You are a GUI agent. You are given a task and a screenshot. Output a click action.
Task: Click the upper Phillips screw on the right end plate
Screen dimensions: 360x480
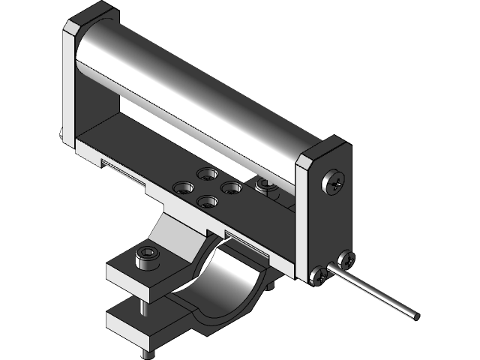[x=334, y=183]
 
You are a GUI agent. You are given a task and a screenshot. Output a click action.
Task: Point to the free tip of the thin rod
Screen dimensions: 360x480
[x=413, y=314]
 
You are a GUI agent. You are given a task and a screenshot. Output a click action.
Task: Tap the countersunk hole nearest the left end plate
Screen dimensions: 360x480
[x=183, y=187]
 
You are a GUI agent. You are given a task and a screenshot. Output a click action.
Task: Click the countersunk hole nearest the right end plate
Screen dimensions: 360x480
[x=231, y=187]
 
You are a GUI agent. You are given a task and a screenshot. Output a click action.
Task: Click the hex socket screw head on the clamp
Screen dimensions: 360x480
[x=145, y=257]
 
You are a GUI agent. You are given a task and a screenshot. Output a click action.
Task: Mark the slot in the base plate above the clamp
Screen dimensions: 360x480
[x=244, y=244]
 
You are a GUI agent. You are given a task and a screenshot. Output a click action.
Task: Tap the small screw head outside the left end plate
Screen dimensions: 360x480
[x=61, y=136]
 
